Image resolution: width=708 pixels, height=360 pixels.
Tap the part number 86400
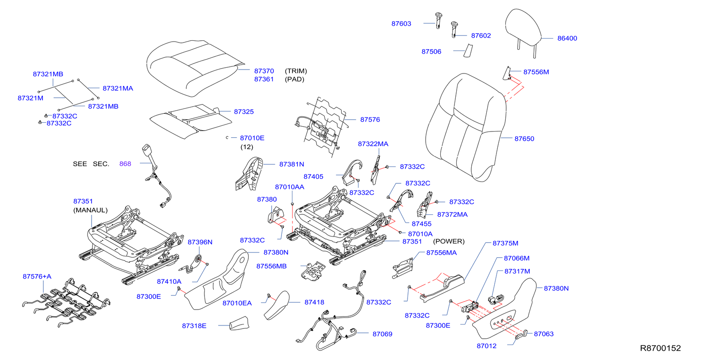pyautogui.click(x=567, y=39)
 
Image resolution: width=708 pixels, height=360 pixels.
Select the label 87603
pyautogui.click(x=401, y=24)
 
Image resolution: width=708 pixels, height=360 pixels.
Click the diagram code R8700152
pyautogui.click(x=660, y=348)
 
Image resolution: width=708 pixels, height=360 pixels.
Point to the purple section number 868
pyautogui.click(x=125, y=164)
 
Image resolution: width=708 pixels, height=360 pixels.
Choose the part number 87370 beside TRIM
pyautogui.click(x=264, y=71)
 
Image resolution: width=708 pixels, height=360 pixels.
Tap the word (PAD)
pyautogui.click(x=294, y=79)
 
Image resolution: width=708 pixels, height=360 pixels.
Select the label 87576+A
pyautogui.click(x=37, y=276)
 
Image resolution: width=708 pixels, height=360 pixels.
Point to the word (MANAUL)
pyautogui.click(x=90, y=210)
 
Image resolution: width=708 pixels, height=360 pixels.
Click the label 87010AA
pyautogui.click(x=289, y=187)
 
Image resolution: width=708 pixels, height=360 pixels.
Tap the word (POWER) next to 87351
pyautogui.click(x=448, y=241)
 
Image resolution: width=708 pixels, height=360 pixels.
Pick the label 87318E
pyautogui.click(x=194, y=326)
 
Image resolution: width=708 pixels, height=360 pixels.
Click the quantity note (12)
pyautogui.click(x=246, y=147)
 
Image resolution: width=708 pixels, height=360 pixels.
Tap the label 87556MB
pyautogui.click(x=271, y=266)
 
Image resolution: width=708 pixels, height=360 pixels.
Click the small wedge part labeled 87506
pyautogui.click(x=468, y=51)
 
